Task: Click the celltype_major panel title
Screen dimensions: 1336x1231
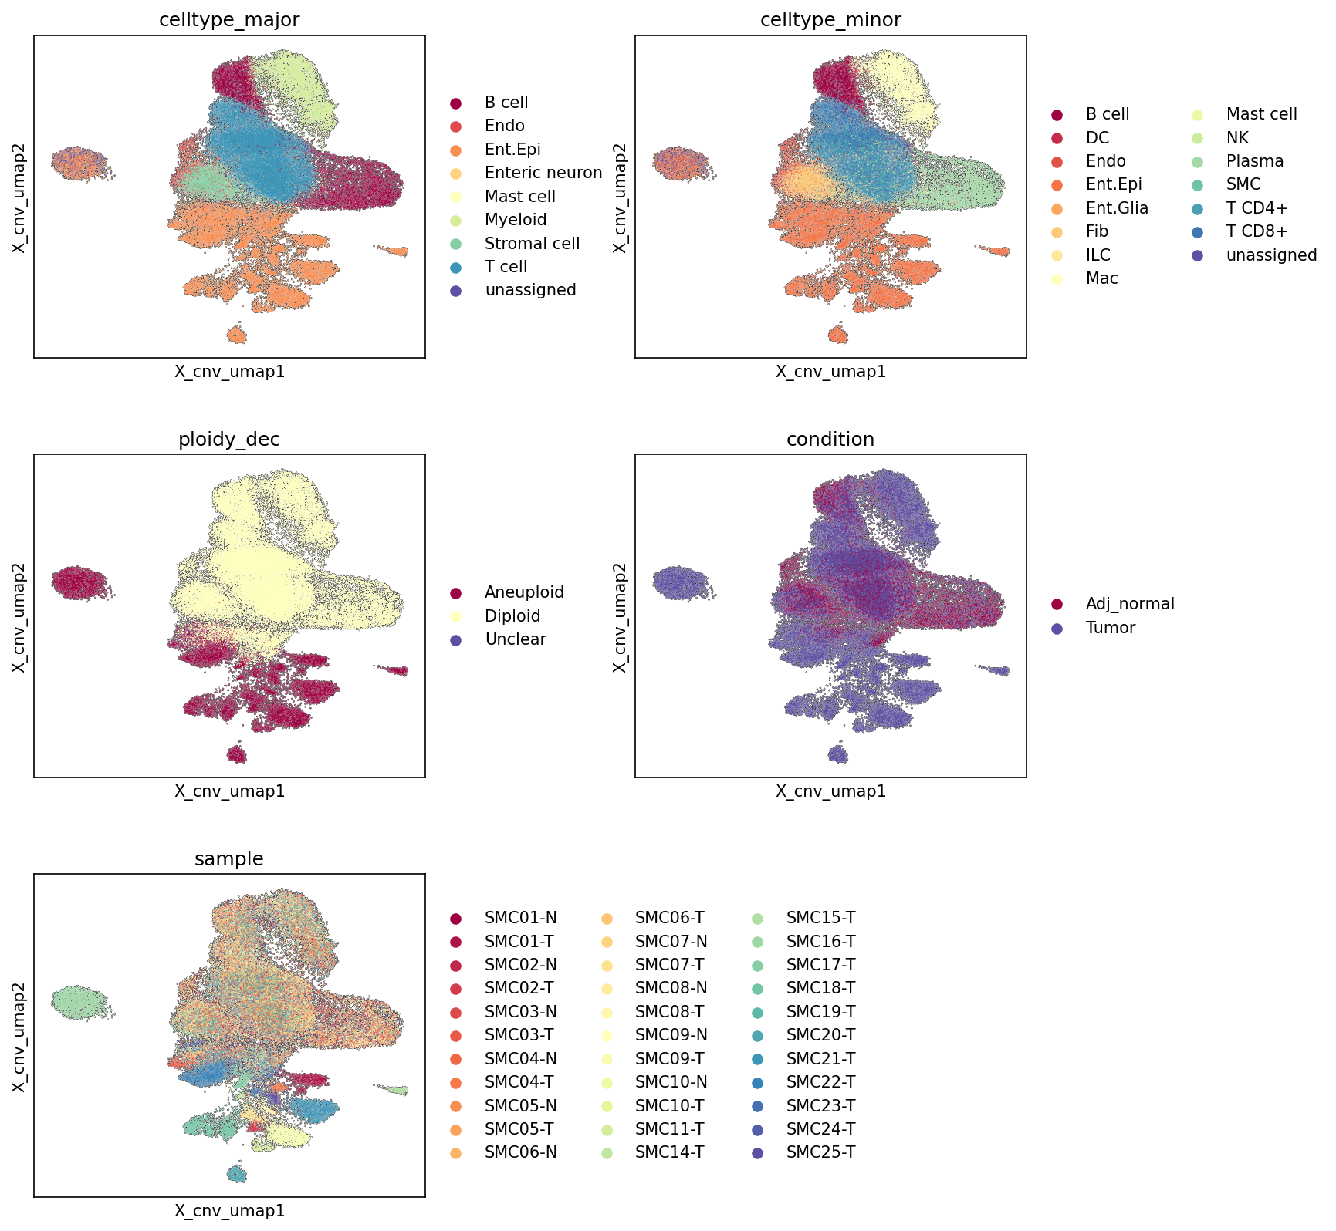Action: click(229, 20)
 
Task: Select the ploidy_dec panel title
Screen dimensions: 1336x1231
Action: click(229, 440)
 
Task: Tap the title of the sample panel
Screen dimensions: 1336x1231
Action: click(229, 858)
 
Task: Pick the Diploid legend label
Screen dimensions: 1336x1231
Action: click(512, 616)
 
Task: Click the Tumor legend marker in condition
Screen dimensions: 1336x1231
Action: click(1057, 629)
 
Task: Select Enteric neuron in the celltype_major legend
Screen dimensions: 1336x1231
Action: click(543, 173)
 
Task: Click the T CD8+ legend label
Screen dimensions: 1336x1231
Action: click(1257, 231)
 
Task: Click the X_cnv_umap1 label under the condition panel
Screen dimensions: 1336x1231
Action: click(830, 791)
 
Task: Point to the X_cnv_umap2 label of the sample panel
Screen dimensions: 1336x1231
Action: click(19, 1036)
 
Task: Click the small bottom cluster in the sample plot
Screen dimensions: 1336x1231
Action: click(237, 1173)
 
